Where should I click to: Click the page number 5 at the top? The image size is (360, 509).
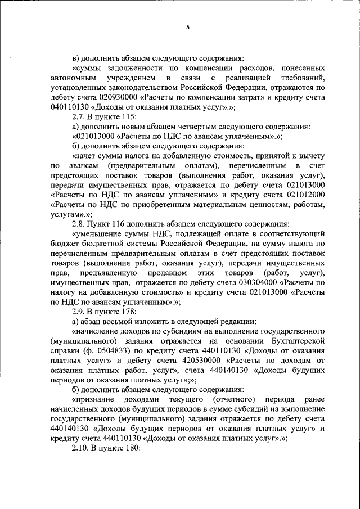188,26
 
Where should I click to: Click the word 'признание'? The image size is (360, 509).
92,402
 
